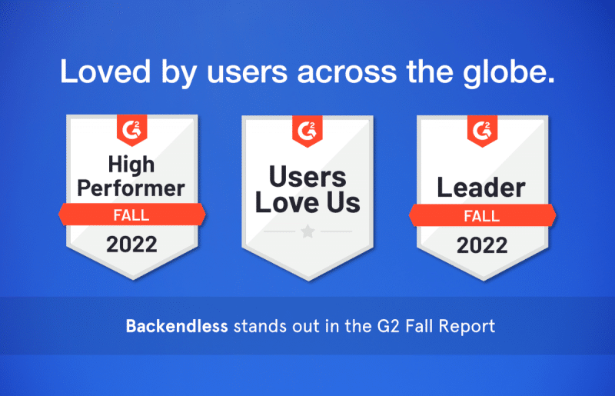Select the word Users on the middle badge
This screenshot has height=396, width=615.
click(307, 177)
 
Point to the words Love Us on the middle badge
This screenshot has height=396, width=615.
click(307, 204)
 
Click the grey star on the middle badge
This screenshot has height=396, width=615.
click(307, 231)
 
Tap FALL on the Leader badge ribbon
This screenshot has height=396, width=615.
click(482, 216)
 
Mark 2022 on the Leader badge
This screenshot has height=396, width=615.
click(482, 245)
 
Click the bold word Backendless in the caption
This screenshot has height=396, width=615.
click(177, 325)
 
